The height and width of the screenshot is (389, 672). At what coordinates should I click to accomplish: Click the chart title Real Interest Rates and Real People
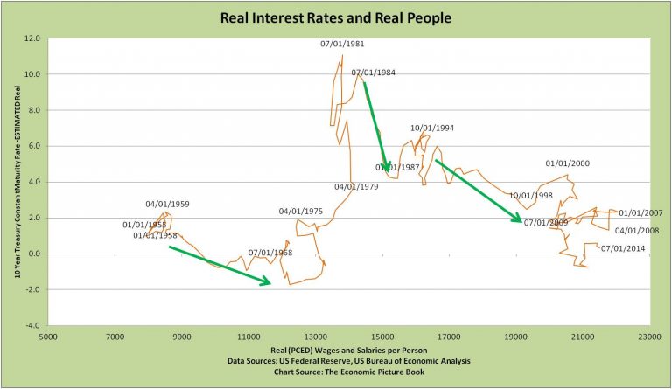(x=336, y=17)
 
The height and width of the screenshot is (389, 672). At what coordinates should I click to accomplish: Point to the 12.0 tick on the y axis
(x=32, y=39)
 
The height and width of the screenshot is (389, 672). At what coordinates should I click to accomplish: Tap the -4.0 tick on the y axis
(x=32, y=325)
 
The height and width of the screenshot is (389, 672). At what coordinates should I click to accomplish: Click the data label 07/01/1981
(x=342, y=44)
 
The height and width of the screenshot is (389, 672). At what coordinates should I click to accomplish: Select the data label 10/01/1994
(x=432, y=129)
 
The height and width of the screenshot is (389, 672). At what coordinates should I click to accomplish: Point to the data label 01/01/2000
(x=568, y=163)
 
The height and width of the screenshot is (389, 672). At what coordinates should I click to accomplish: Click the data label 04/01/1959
(x=168, y=205)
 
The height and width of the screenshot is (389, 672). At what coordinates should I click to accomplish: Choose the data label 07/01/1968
(x=270, y=254)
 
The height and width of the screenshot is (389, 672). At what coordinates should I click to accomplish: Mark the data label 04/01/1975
(x=301, y=212)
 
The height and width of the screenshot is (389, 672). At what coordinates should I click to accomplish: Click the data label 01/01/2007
(x=641, y=213)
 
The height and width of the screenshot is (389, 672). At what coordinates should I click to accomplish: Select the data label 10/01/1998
(x=531, y=196)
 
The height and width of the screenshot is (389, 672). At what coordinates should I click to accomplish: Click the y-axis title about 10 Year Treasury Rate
(x=17, y=182)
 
